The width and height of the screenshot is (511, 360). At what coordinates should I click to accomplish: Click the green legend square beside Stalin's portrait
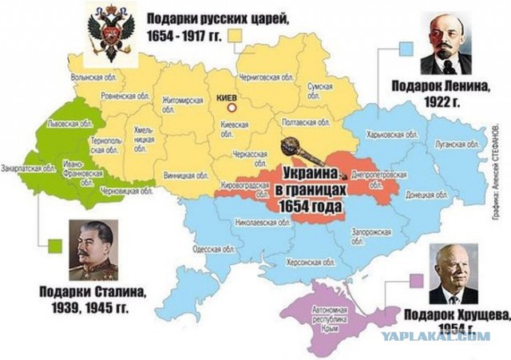coord(55,245)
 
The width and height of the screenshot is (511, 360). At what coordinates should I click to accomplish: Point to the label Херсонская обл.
coord(306,261)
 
